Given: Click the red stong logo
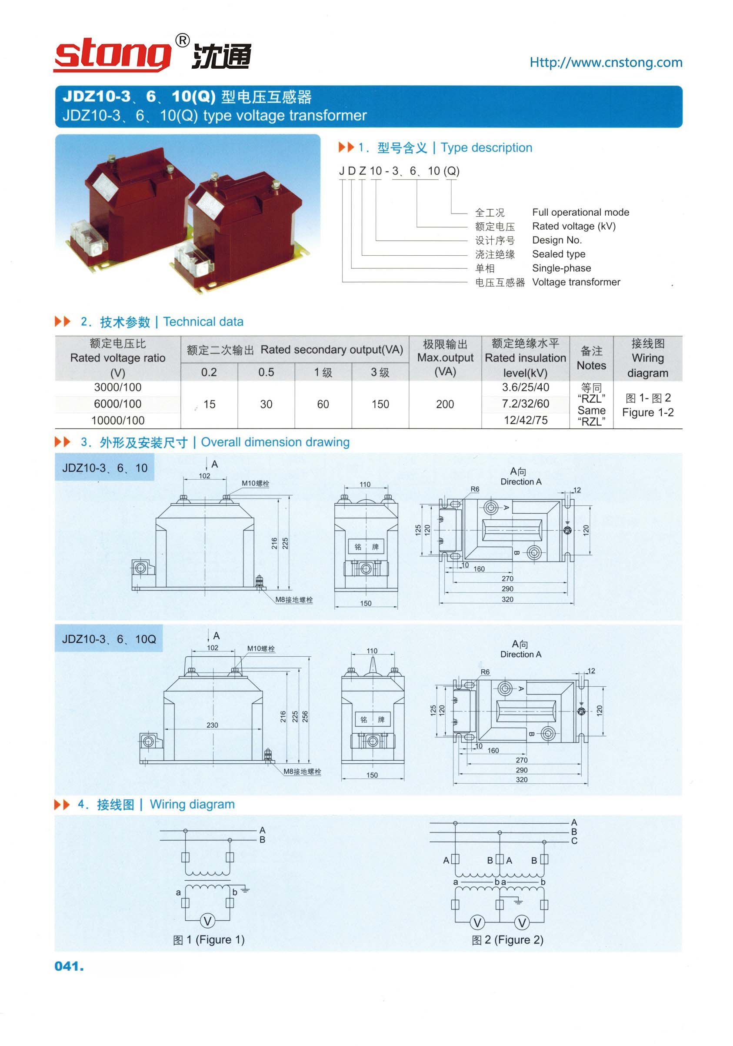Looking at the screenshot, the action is (x=113, y=56).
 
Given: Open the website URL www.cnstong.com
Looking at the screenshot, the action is (x=606, y=63).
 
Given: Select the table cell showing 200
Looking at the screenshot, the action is (x=445, y=404).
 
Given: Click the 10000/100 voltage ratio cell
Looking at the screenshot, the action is (x=118, y=420).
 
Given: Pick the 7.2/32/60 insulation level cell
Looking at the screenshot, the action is (x=525, y=404).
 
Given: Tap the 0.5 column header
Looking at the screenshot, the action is (x=266, y=372).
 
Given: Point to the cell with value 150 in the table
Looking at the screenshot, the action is (x=380, y=404).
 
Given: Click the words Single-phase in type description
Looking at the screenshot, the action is (x=561, y=268).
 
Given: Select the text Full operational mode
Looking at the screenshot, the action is (x=580, y=212).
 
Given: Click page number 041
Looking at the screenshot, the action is (x=69, y=966).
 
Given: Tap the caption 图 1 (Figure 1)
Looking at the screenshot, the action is (x=209, y=939).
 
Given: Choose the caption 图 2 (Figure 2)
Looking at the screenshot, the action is (x=508, y=939).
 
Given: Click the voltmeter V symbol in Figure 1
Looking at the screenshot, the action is (x=208, y=921).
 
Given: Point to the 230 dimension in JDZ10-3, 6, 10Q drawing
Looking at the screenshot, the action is (x=212, y=725).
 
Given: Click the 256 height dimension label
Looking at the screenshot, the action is (x=305, y=717).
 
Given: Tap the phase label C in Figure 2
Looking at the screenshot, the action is (x=574, y=841).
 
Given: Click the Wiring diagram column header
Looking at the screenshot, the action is (x=648, y=358).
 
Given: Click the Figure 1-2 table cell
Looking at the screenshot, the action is (x=648, y=405).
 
